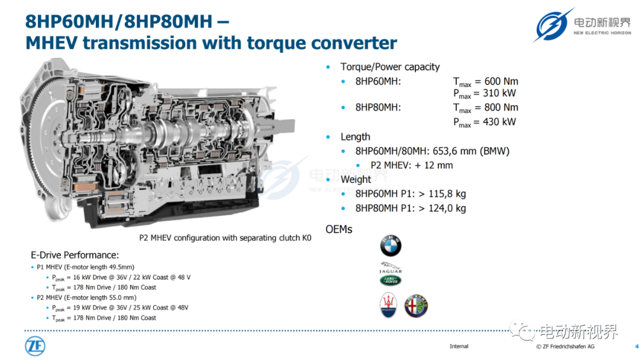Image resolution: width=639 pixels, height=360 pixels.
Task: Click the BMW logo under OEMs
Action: click(x=390, y=246)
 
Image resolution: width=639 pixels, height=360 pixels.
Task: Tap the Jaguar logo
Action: click(x=390, y=268)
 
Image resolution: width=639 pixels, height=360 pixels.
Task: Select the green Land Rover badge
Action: click(x=390, y=280)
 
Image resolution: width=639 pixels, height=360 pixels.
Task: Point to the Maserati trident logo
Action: click(x=388, y=305)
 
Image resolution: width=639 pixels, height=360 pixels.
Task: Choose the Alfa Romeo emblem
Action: click(x=416, y=306)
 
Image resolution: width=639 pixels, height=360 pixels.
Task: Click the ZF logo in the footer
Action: click(x=35, y=346)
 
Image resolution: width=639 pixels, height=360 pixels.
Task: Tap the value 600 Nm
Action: click(x=501, y=82)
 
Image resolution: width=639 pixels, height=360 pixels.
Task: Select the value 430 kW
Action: click(x=499, y=122)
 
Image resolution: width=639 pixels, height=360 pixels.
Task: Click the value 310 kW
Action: click(x=499, y=94)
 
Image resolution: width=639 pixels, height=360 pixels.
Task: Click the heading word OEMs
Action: click(x=338, y=230)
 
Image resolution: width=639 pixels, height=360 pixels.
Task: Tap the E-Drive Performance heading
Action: click(x=75, y=255)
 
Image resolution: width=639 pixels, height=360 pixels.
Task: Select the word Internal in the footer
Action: click(x=459, y=346)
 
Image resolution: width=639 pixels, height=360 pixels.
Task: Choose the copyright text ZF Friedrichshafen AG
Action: click(x=569, y=346)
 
